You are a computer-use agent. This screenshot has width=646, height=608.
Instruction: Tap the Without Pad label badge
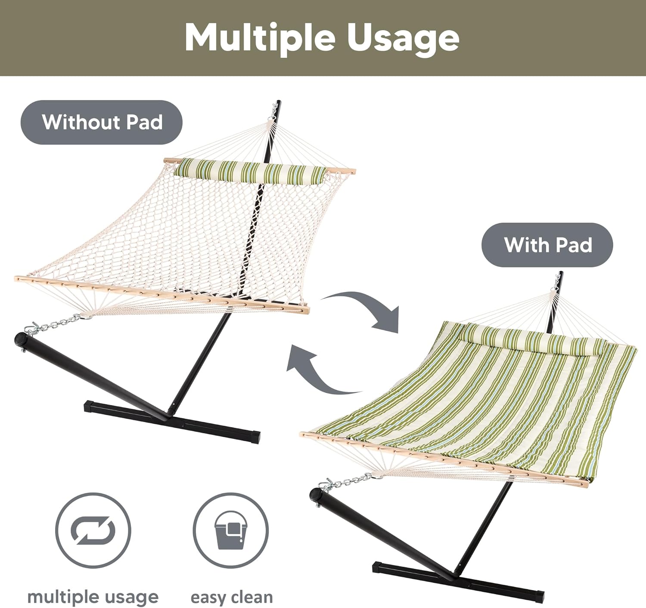(x=102, y=122)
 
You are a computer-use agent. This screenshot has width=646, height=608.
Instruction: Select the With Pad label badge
(x=547, y=244)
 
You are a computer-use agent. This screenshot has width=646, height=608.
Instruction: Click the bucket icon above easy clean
(x=230, y=530)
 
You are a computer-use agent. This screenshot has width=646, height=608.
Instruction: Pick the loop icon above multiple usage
(x=93, y=530)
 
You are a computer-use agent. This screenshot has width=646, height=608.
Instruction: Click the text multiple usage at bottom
(x=93, y=598)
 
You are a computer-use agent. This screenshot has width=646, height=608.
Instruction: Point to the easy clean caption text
(x=232, y=598)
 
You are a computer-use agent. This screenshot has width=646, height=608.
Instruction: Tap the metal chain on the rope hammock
(x=56, y=326)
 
